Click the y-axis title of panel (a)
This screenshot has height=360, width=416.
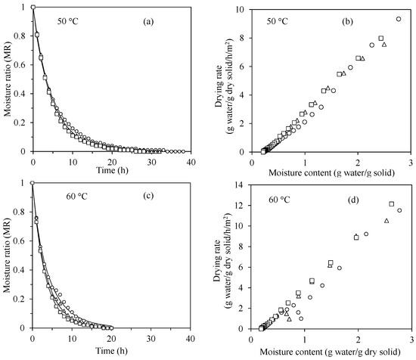point(7,79)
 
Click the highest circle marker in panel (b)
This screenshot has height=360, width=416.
point(399,19)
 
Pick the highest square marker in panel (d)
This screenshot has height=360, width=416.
point(391,203)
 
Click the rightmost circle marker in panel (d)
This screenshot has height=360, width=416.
point(399,210)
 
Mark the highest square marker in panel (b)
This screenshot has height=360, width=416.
point(381,38)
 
